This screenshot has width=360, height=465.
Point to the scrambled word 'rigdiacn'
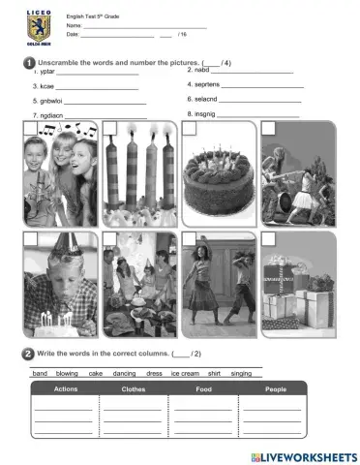click(x=45, y=115)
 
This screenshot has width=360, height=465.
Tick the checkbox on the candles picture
click(x=109, y=128)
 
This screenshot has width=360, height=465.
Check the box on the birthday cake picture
click(x=187, y=128)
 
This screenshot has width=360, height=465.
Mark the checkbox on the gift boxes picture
click(x=268, y=238)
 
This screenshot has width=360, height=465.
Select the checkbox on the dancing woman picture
click(x=188, y=238)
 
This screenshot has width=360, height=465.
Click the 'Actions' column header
click(x=66, y=388)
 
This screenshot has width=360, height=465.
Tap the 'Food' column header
click(x=206, y=388)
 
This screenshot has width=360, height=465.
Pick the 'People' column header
click(x=276, y=388)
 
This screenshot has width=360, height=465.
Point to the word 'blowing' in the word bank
click(x=67, y=372)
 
